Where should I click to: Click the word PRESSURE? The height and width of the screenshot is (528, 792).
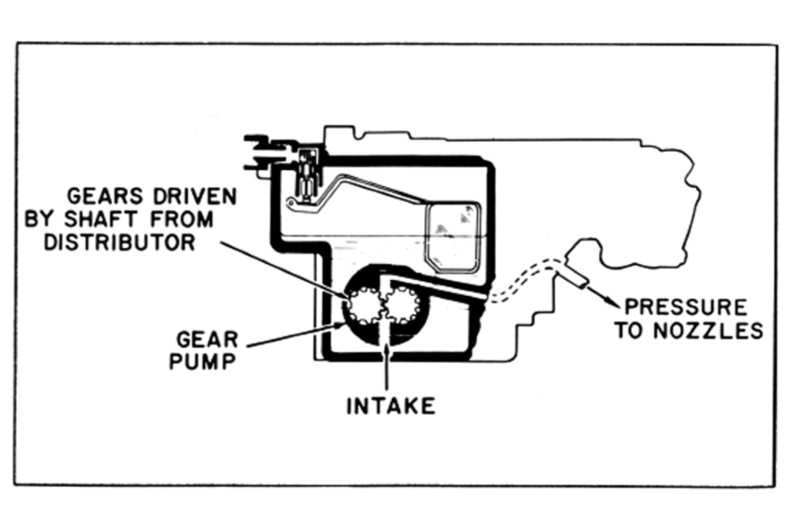pos(686,308)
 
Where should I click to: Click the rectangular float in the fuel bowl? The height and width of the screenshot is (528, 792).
pos(452,236)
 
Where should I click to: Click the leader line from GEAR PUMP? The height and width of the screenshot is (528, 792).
pos(289,335)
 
